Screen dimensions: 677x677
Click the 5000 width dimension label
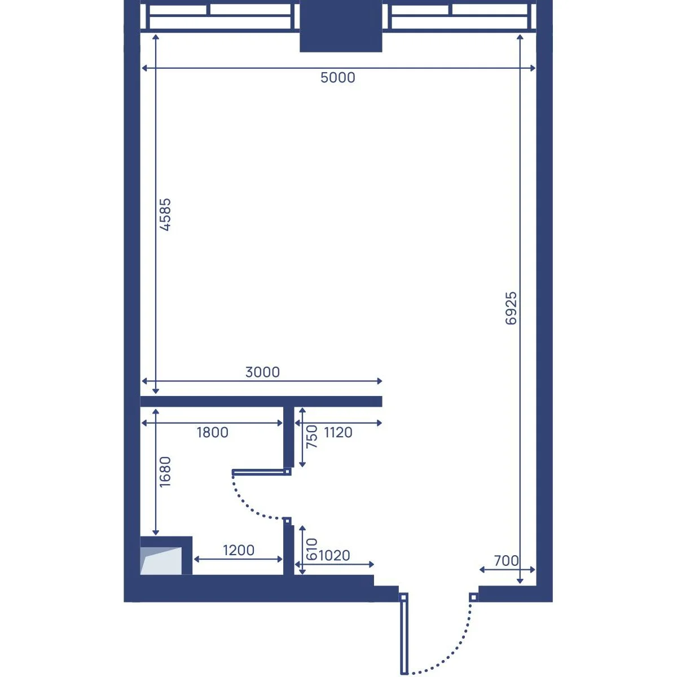(337, 77)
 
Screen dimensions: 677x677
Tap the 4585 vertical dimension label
(165, 214)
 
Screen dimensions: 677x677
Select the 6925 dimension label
(511, 308)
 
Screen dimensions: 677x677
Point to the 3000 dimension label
(262, 372)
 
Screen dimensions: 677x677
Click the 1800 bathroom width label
(213, 433)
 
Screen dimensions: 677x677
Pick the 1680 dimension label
(165, 472)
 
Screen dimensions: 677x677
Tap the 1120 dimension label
(338, 433)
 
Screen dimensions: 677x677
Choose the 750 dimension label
(311, 436)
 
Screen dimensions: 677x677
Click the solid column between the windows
(341, 26)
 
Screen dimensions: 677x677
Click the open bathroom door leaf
(261, 472)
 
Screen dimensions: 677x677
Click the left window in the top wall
(220, 16)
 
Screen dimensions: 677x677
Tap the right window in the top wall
(459, 16)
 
